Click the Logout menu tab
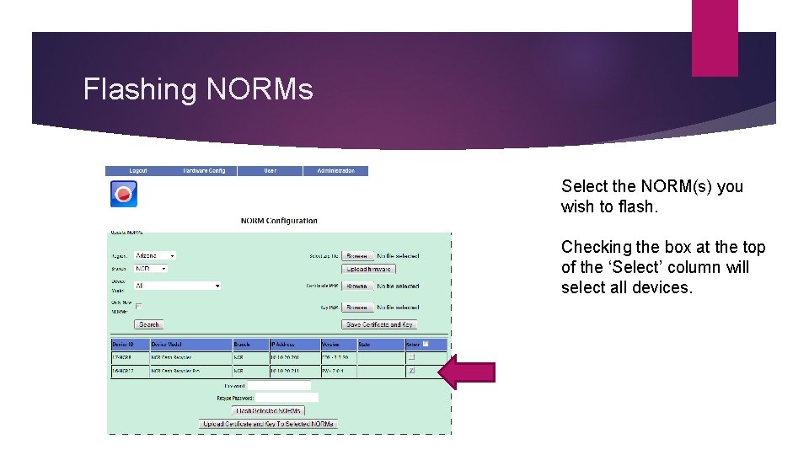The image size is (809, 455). (x=137, y=171)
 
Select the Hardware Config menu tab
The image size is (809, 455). (x=204, y=171)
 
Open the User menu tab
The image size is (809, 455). (x=270, y=171)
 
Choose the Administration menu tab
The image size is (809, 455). (x=335, y=171)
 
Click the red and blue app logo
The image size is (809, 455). (x=124, y=194)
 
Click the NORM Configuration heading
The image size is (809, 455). (x=279, y=221)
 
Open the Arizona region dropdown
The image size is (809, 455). (x=155, y=255)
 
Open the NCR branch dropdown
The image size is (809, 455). (x=151, y=269)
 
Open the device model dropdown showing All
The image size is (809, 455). (x=177, y=286)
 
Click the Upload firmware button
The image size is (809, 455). (x=368, y=269)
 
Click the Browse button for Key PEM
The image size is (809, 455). (x=357, y=308)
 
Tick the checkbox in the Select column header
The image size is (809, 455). (x=426, y=344)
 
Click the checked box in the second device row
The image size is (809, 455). (x=411, y=370)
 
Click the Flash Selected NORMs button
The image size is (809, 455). (x=269, y=410)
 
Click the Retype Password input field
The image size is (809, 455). (x=287, y=397)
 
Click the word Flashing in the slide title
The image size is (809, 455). (x=140, y=89)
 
